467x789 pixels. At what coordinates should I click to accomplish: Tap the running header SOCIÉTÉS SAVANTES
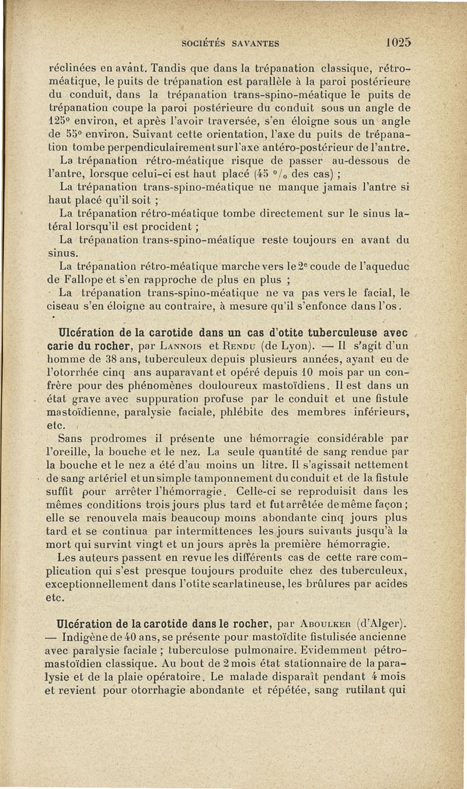pyautogui.click(x=230, y=43)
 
